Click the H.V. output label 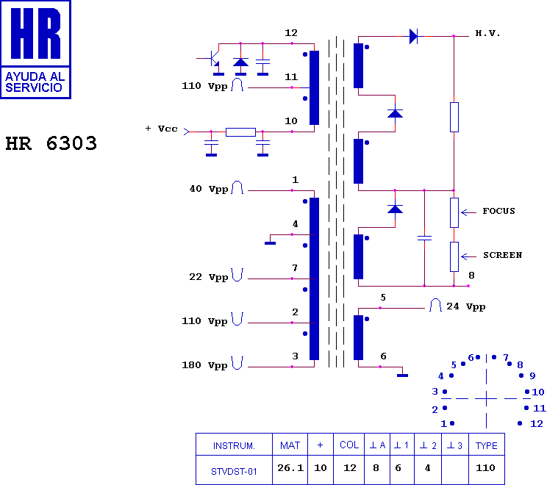[x=487, y=34]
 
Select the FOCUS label [x=498, y=211]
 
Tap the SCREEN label [x=502, y=255]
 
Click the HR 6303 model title [x=51, y=143]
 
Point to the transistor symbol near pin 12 [x=212, y=60]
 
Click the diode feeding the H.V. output [x=414, y=36]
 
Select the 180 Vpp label [x=204, y=365]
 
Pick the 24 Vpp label [x=465, y=307]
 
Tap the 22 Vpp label [x=208, y=277]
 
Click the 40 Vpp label [x=209, y=189]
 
